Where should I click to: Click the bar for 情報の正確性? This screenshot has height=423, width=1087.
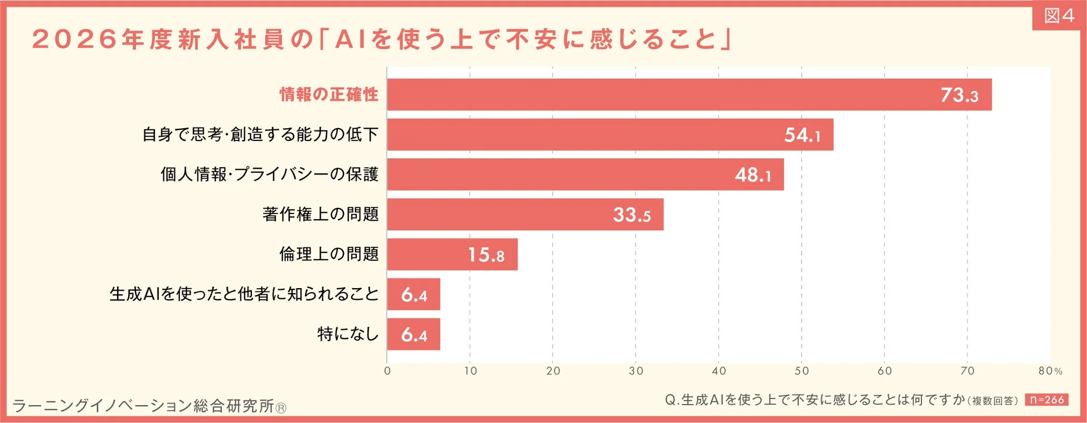click(689, 95)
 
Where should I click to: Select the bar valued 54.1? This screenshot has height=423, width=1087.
click(610, 134)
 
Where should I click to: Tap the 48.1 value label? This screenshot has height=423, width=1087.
click(753, 175)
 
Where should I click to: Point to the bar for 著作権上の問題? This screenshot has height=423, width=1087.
click(525, 215)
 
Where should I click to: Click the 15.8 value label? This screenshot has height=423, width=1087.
click(486, 255)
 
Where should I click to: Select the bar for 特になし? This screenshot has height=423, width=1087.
click(414, 334)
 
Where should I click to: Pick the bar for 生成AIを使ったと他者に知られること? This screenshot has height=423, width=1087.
click(414, 294)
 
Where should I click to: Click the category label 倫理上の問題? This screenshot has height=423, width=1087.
click(329, 255)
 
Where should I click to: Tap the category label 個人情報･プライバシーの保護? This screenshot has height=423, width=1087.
click(270, 174)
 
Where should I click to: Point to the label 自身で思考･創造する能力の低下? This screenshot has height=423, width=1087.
click(260, 134)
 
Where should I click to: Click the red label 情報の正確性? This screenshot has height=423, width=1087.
click(329, 95)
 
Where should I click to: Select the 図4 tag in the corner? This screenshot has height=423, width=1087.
click(1059, 16)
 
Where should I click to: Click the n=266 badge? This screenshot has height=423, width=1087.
click(1046, 400)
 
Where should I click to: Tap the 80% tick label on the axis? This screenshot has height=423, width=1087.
click(1050, 371)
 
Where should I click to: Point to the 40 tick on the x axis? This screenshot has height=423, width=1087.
click(719, 371)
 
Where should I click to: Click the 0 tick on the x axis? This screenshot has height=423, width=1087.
click(387, 371)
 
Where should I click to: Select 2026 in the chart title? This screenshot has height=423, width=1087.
click(75, 40)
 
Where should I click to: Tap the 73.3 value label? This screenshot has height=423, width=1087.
click(959, 95)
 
